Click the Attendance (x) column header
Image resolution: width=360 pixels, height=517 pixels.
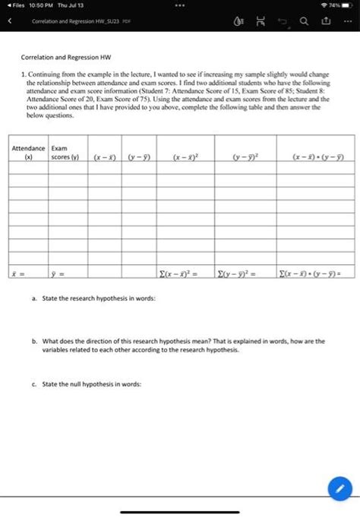[x=30, y=153]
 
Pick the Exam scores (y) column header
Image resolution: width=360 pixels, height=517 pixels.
[x=65, y=153]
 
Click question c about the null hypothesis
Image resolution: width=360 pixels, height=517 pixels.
[x=91, y=384]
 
